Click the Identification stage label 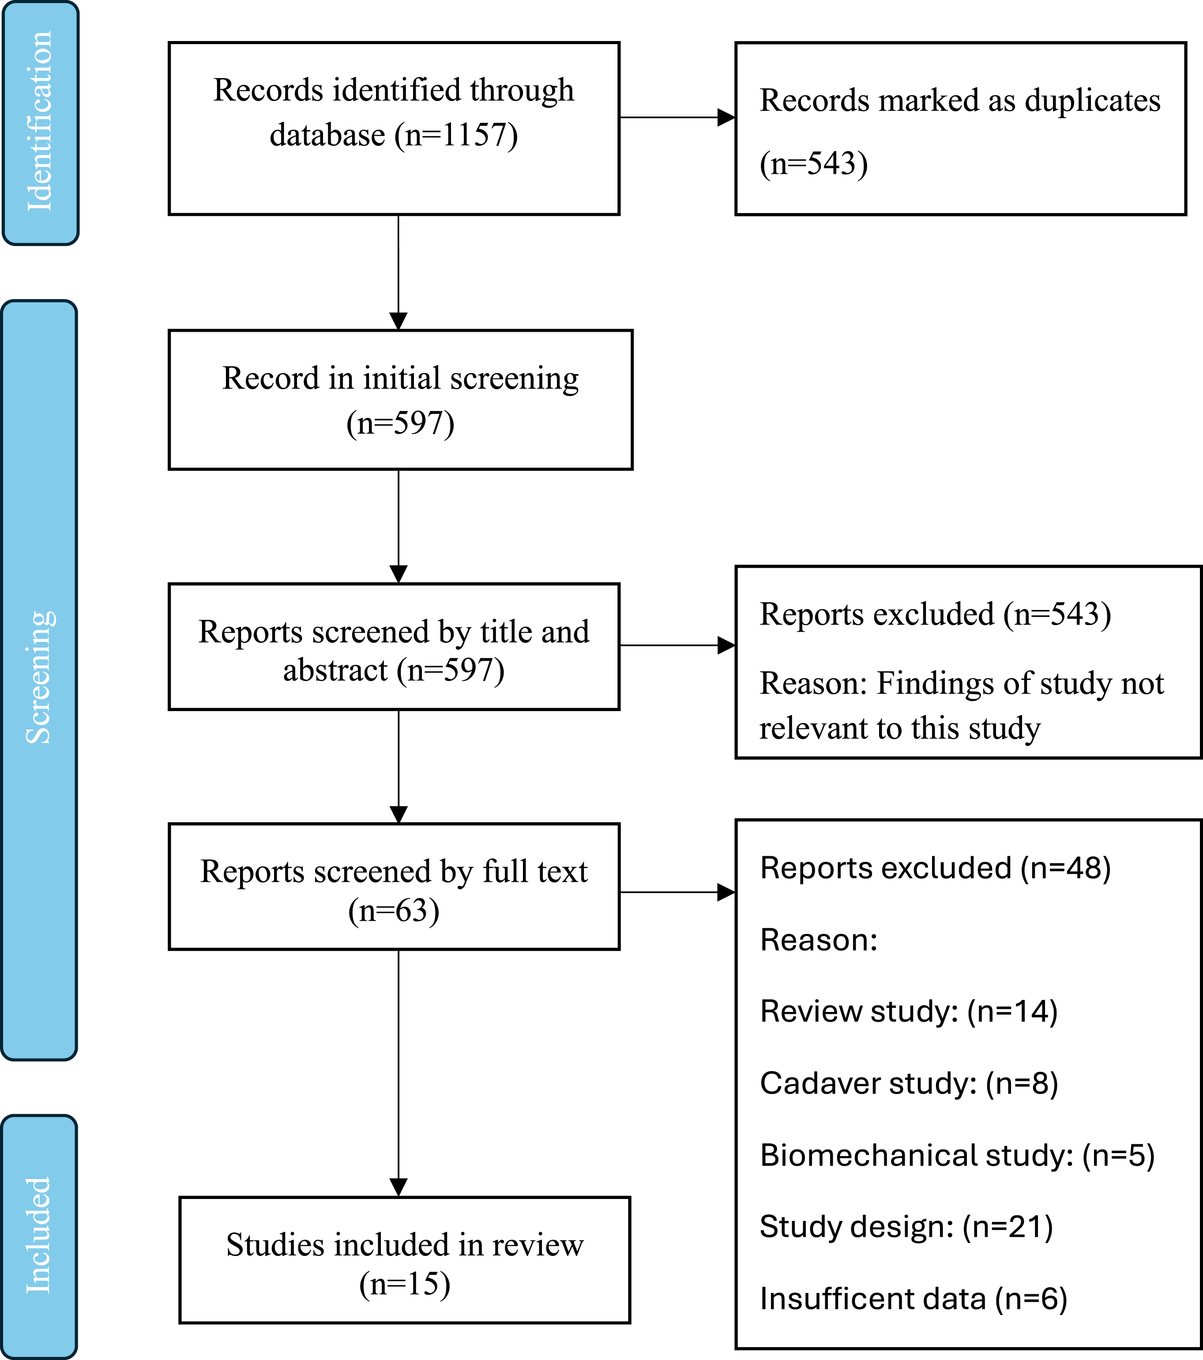point(40,122)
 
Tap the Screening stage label point(40,677)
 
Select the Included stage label point(38,1236)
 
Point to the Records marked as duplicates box point(961,128)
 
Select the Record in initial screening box point(400,400)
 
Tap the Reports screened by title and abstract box point(394,647)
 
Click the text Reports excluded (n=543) point(936,614)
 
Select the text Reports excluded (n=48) point(936,868)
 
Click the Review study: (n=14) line point(909,1012)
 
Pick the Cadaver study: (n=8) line point(909,1084)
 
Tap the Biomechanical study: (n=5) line point(957,1156)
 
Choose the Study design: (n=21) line point(906,1228)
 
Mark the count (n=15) point(405,1284)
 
